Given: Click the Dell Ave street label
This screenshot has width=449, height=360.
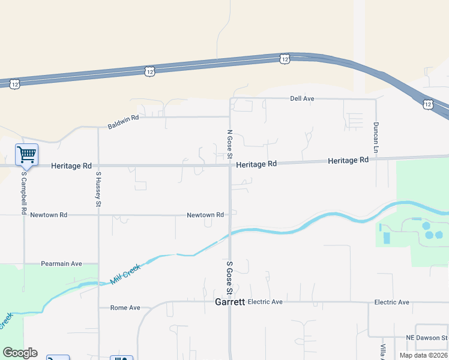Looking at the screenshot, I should [x=302, y=98].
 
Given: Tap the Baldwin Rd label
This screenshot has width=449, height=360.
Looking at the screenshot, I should [x=123, y=122].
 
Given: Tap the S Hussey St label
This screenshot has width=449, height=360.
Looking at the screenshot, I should [x=98, y=189].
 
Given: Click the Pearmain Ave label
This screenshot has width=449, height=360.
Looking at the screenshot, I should [x=61, y=263].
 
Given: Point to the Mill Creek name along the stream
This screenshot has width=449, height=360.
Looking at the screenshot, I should [x=125, y=274].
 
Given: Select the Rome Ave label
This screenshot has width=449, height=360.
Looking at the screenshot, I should [x=125, y=308].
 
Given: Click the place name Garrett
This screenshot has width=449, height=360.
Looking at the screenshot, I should [x=230, y=302].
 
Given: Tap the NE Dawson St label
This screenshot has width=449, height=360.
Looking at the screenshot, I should [x=426, y=337].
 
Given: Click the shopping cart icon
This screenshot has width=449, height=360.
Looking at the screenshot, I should [x=26, y=155].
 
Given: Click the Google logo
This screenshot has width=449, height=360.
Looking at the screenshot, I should [x=20, y=353].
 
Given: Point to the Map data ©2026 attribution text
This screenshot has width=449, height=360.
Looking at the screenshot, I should [x=423, y=355].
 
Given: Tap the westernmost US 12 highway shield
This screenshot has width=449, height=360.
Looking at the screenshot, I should [x=15, y=85].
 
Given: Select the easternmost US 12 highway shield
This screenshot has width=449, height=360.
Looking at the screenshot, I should [x=427, y=104].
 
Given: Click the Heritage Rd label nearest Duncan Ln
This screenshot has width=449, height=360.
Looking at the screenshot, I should [x=348, y=161].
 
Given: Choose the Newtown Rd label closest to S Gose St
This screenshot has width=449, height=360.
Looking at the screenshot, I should [x=205, y=215].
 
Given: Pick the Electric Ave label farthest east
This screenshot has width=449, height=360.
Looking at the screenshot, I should [x=391, y=302].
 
